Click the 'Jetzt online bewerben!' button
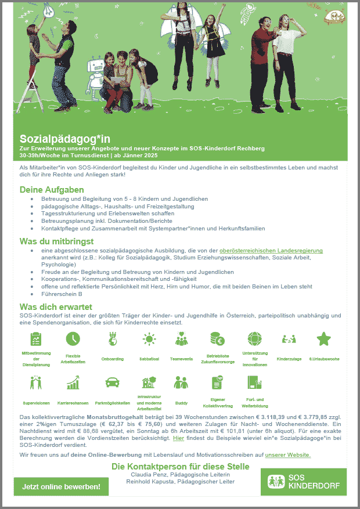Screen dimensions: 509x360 coord(61,486)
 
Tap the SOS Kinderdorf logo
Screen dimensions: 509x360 coord(304,481)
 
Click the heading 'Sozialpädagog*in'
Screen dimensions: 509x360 coord(65,139)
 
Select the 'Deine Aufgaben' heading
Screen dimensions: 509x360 coord(52,190)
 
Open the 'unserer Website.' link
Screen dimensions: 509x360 coord(287,454)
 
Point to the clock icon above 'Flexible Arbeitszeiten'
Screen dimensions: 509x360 coord(73,338)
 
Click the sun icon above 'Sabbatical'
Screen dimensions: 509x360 coord(150,338)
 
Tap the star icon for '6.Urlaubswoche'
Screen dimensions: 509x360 coord(323,338)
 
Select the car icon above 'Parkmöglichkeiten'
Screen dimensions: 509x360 coord(111,382)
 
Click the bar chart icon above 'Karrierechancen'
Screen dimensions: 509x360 coord(73,382)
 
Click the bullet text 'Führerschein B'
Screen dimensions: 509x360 coord(62,294)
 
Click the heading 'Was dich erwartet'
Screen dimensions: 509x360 coord(56,306)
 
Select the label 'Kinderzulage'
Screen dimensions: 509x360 coord(289,359)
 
